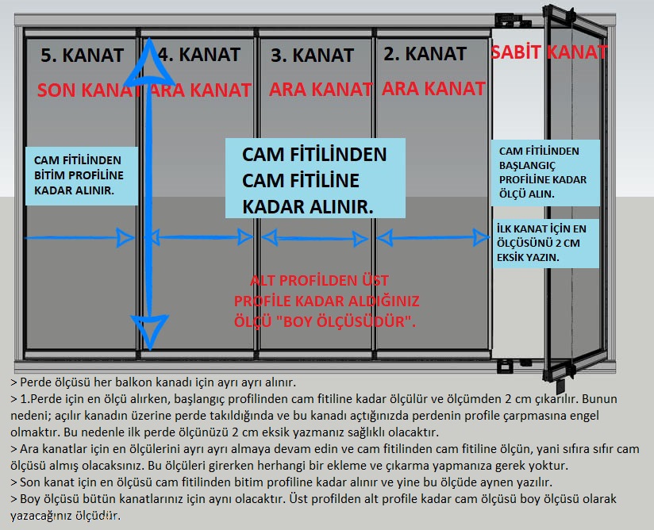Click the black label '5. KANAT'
tap(83, 56)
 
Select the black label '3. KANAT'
tap(312, 56)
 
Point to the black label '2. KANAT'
tap(425, 54)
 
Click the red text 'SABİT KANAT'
tap(549, 52)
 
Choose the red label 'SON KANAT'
tap(87, 90)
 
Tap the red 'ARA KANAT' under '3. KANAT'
tap(320, 90)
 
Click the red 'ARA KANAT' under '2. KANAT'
tap(433, 88)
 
